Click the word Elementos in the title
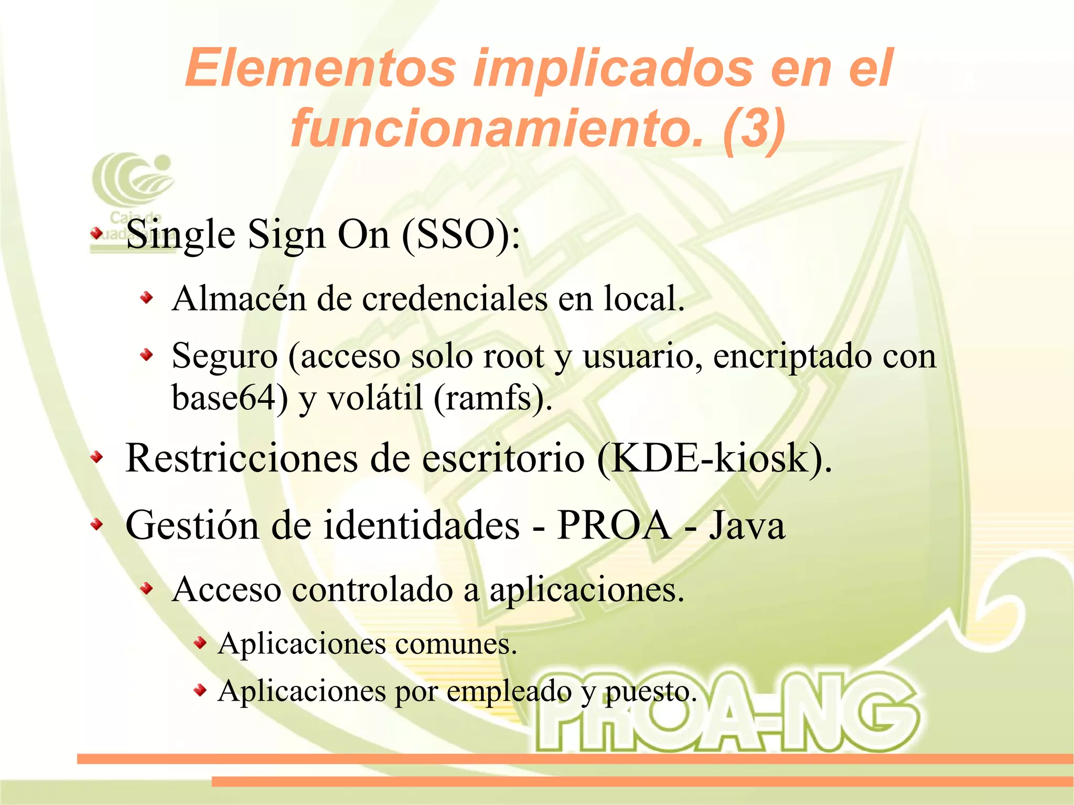pos(320,68)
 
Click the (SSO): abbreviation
pos(461,234)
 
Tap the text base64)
pos(230,397)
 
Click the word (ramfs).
pos(492,398)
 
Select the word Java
pos(747,525)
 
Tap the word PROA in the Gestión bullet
pos(614,525)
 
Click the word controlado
pos(372,589)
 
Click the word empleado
pos(509,691)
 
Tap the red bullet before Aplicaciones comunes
pos(199,642)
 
